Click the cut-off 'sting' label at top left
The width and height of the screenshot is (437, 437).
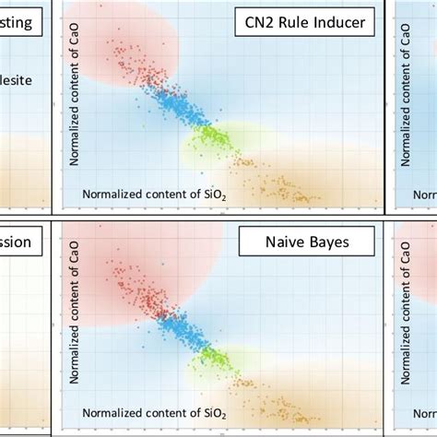coord(21,23)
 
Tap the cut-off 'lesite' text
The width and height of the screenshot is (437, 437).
coord(17,81)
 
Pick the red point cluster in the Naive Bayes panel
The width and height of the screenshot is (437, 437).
coord(134,286)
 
